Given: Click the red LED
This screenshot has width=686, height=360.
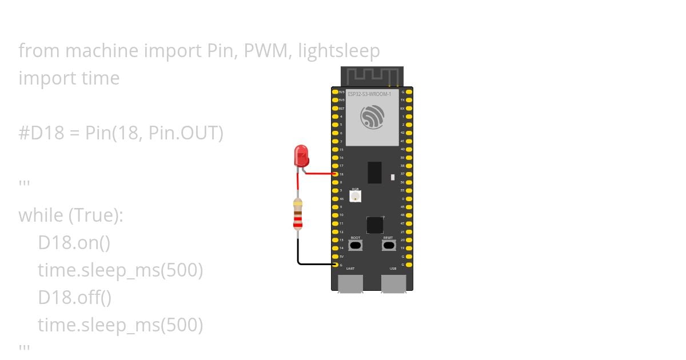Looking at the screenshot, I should click(x=301, y=155).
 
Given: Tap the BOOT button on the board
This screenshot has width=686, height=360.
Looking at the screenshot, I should click(x=355, y=245).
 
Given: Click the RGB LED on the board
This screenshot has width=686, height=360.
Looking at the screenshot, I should click(x=355, y=197).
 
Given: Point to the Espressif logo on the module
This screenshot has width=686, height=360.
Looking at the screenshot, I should click(x=372, y=118).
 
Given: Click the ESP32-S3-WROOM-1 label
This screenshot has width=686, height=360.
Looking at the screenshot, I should click(x=369, y=94).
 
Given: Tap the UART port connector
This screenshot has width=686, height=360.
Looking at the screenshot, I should click(x=350, y=283).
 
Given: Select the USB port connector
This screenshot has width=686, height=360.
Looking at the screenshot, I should click(x=393, y=283).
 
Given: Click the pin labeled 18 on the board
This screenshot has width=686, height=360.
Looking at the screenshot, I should click(x=335, y=174).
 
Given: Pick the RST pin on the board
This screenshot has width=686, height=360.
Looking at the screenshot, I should click(x=335, y=108).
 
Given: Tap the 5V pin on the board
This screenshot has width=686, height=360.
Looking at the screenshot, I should click(x=335, y=257).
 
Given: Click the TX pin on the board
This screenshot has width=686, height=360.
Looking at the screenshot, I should click(x=409, y=100).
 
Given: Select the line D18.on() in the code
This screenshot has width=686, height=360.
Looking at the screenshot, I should click(x=74, y=243).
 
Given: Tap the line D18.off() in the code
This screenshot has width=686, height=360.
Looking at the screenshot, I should click(x=74, y=298).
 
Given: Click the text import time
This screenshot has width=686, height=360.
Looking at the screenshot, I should click(x=69, y=78).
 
